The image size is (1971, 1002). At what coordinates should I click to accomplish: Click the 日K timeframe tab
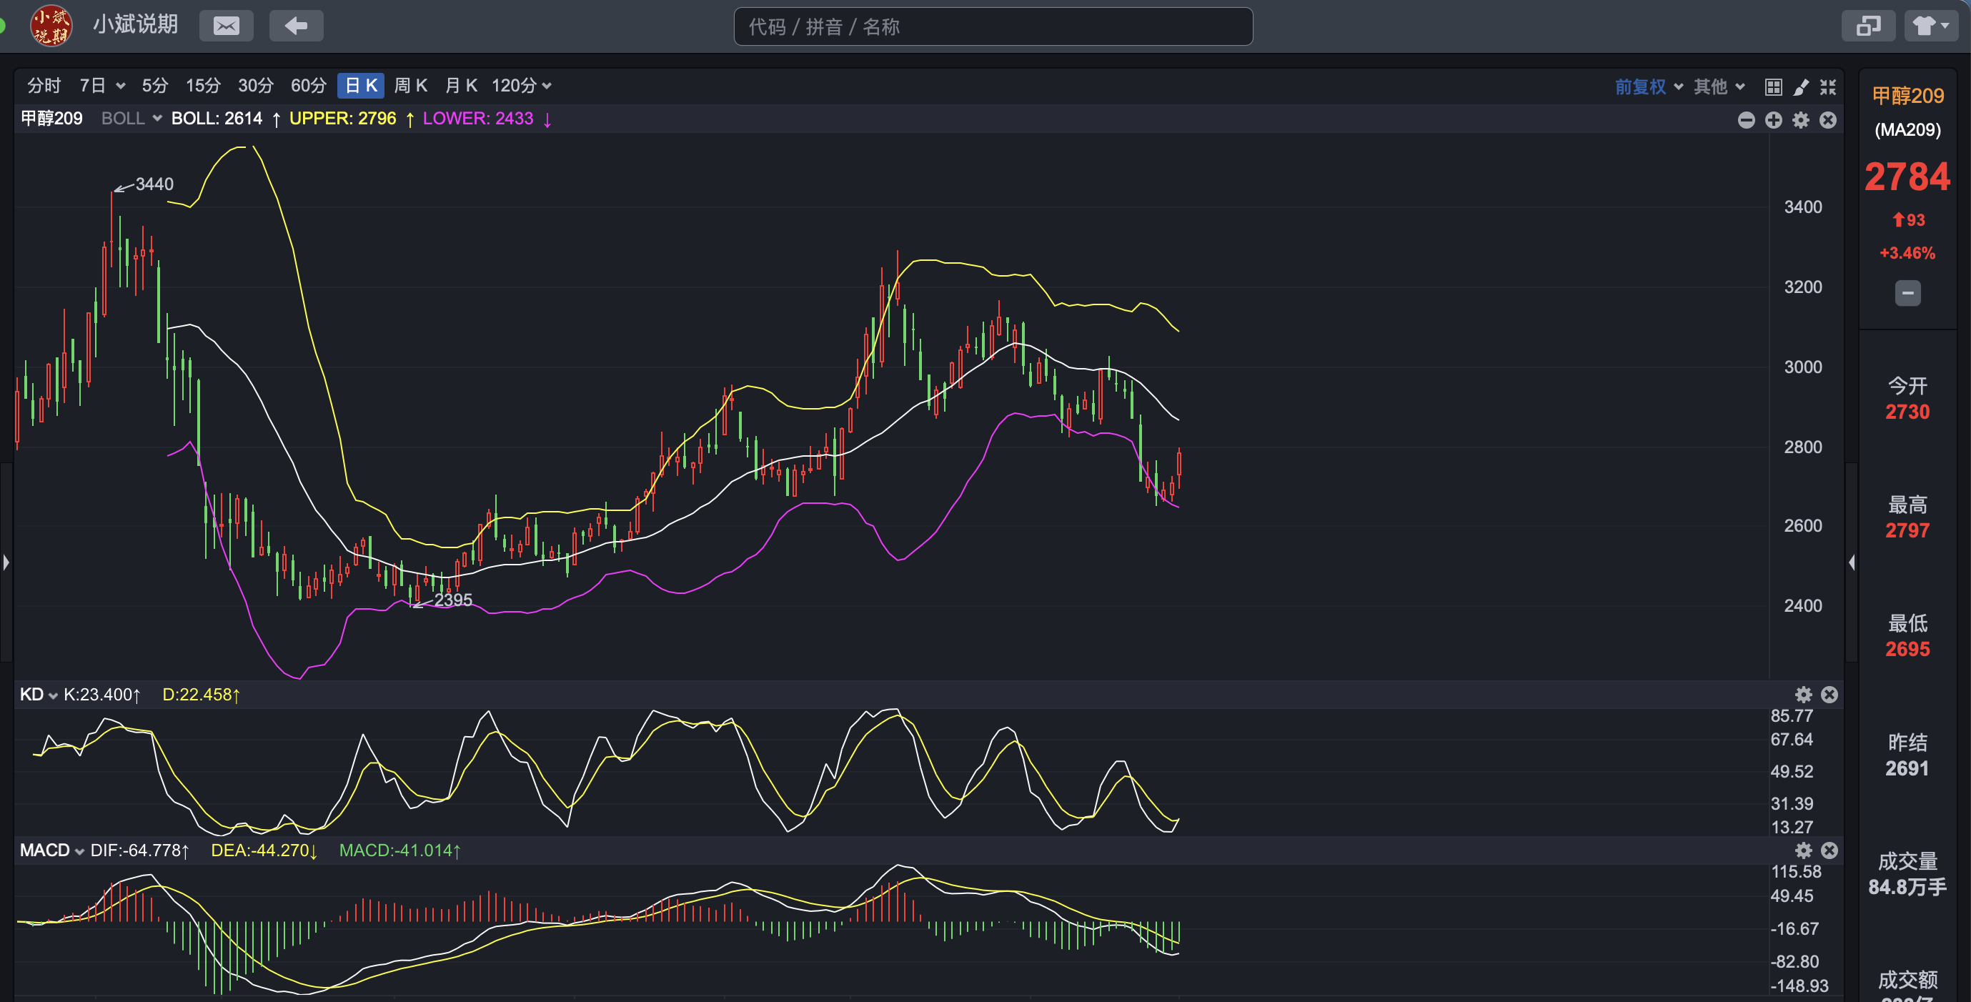[x=361, y=86]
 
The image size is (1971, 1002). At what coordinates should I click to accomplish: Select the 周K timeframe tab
[x=411, y=86]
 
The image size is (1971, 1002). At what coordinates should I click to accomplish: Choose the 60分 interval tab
[x=308, y=86]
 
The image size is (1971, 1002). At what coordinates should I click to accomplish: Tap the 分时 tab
[x=44, y=86]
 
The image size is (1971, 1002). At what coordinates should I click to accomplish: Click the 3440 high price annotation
[x=154, y=184]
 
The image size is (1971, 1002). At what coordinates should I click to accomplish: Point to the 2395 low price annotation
[x=453, y=600]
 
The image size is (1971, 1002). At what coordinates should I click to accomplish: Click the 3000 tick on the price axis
[x=1802, y=367]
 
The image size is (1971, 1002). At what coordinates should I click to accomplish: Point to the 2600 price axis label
[x=1802, y=526]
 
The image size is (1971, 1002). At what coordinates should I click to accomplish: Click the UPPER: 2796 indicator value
[x=343, y=119]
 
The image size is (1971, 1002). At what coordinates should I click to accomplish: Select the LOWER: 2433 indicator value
[x=478, y=119]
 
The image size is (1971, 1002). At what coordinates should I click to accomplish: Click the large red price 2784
[x=1907, y=177]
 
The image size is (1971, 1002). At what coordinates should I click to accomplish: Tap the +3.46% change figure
[x=1907, y=254]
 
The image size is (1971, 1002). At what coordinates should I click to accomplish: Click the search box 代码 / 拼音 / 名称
[x=993, y=26]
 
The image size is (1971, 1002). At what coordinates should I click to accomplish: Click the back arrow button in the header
[x=296, y=26]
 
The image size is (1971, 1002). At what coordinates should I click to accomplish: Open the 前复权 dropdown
[x=1648, y=86]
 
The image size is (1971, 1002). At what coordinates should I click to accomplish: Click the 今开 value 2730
[x=1907, y=412]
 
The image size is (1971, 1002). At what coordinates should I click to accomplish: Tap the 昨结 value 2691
[x=1907, y=768]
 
